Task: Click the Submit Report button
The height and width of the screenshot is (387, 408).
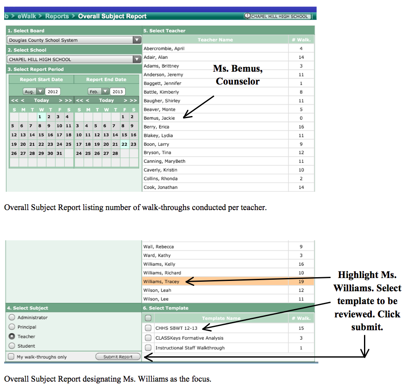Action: coord(118,357)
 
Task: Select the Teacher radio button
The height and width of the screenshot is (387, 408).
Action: coord(12,336)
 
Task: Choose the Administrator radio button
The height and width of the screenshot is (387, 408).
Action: coord(12,317)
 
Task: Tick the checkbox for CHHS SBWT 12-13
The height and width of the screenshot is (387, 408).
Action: coord(148,328)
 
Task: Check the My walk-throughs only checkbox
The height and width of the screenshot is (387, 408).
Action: coord(11,357)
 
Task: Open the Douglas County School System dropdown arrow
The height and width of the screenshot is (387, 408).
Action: coord(137,40)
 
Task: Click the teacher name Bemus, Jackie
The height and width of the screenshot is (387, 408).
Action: coord(159,118)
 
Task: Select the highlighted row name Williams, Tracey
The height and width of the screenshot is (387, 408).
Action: coord(161,282)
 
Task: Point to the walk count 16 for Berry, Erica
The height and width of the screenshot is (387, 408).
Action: coord(301,127)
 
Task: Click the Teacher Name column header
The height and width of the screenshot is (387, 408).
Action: coord(215,40)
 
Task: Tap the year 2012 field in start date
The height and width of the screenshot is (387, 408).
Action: coord(53,92)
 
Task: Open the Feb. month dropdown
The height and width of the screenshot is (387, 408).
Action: coord(105,92)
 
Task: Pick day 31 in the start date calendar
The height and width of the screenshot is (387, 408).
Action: coord(59,153)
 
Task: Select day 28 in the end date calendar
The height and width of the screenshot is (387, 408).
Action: coord(115,153)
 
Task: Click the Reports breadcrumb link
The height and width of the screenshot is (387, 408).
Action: coord(57,16)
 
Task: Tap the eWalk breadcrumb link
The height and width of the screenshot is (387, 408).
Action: coord(27,16)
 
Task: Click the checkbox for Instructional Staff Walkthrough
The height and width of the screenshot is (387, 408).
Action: coord(148,348)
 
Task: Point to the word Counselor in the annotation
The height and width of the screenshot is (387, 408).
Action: coord(237,81)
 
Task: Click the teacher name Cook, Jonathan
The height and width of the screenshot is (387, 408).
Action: coord(161,187)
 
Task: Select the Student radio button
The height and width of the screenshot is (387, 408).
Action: coord(12,346)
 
